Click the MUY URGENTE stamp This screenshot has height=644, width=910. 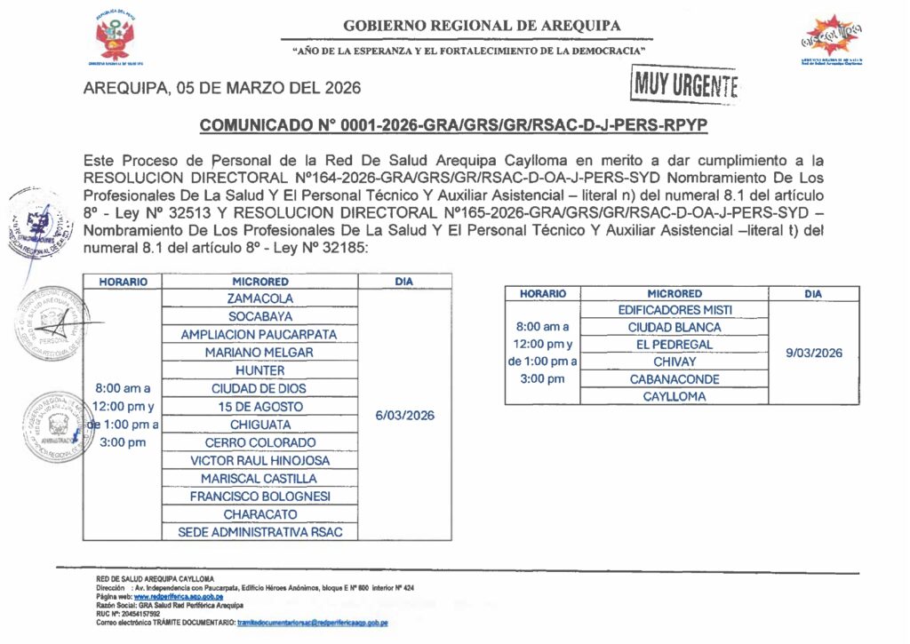(x=685, y=86)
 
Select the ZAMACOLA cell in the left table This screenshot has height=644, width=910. (x=259, y=299)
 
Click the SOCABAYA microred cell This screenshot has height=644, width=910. (x=259, y=317)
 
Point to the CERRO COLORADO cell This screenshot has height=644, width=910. (x=259, y=442)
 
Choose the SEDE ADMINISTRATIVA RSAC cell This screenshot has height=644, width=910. (x=259, y=532)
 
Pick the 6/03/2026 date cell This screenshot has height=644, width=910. (x=404, y=415)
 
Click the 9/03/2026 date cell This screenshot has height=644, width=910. (x=813, y=353)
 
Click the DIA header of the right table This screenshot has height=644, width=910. (x=813, y=293)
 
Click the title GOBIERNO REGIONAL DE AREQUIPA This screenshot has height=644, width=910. (x=482, y=26)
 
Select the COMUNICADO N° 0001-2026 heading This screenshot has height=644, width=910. (x=453, y=126)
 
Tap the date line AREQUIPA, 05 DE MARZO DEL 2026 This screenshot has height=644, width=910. (x=221, y=88)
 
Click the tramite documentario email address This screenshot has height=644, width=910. (x=312, y=623)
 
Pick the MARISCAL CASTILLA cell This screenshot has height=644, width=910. (x=259, y=479)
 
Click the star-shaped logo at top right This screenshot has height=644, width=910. (x=833, y=37)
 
